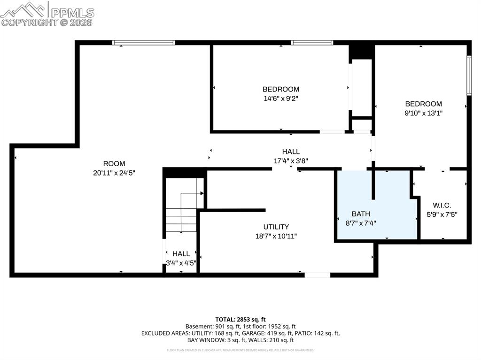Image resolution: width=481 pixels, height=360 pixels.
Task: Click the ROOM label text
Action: click(114, 164)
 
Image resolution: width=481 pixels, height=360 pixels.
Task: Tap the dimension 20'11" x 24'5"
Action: click(114, 173)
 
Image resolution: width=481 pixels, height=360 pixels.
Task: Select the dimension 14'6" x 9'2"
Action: click(281, 99)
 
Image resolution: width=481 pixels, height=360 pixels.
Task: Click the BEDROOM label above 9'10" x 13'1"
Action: click(424, 104)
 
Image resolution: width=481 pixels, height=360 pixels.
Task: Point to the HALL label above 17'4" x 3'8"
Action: click(291, 152)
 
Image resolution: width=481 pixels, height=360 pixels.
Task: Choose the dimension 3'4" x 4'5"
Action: click(181, 263)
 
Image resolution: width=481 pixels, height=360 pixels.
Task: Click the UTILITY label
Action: click(276, 227)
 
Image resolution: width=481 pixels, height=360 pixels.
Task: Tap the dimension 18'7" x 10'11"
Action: click(276, 236)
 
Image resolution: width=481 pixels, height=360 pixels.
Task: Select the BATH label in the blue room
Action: click(361, 214)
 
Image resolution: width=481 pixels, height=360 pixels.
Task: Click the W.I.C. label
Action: click(442, 205)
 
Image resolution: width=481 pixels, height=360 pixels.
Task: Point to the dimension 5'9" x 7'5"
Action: click(442, 214)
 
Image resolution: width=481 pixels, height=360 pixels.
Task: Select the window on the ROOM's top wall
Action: click(144, 43)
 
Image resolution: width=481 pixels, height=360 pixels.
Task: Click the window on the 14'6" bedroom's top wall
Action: click(312, 43)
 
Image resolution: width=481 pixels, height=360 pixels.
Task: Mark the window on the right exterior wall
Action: click(468, 76)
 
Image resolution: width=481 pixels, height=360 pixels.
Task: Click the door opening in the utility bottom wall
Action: click(317, 275)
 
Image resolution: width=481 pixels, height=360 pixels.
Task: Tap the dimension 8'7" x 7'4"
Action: click(361, 223)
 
